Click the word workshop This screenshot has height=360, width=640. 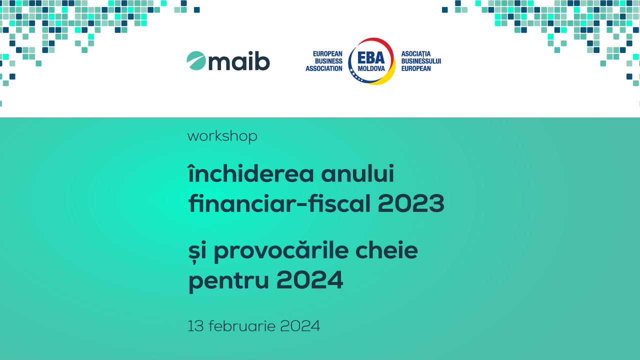click(x=222, y=136)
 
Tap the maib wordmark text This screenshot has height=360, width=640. click(x=239, y=61)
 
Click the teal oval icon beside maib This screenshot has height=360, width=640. click(x=196, y=60)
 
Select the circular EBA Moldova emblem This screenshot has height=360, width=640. click(x=371, y=61)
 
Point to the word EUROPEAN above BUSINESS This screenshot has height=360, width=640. click(x=327, y=53)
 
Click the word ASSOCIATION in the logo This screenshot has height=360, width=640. click(x=324, y=68)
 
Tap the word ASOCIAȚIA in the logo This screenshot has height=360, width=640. click(x=415, y=54)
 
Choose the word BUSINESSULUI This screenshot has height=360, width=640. click(x=421, y=61)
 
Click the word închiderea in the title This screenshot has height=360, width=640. click(x=251, y=173)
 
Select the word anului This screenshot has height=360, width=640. click(x=357, y=173)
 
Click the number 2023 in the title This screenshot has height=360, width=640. click(x=411, y=203)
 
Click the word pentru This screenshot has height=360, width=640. click(x=228, y=281)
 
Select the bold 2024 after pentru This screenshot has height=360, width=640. click(x=309, y=280)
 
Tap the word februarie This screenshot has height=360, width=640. click(x=242, y=326)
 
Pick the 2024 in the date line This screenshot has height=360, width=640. click(x=300, y=326)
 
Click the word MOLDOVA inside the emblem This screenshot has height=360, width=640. click(x=371, y=69)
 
